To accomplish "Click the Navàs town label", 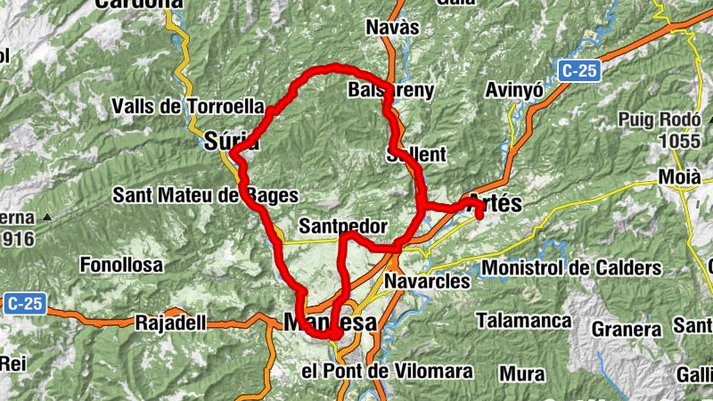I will pos(392,28).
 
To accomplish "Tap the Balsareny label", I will pos(391,90).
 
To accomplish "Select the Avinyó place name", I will pos(513,90).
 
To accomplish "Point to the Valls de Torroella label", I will pos(188,107).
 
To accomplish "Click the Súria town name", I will pos(231,140).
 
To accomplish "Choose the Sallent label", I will pos(416,154).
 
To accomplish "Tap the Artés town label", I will pos(494,202).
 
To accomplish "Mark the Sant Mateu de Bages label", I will pos(205,195).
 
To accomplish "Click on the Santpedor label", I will pos(343,226).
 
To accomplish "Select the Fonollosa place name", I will pos(121,265).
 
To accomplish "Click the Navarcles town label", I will pos(427,282).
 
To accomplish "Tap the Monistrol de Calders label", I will pos(571,267).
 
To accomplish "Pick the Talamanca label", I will pos(523,320).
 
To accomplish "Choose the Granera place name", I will pos(627,329).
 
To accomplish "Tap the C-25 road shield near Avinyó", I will pos(578,69).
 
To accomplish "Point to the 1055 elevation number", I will pos(679,141).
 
